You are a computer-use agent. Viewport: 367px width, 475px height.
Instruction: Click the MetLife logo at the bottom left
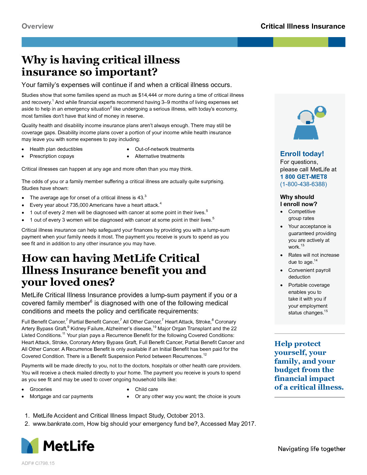(58, 446)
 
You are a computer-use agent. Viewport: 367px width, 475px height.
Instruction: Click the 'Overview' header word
(37, 26)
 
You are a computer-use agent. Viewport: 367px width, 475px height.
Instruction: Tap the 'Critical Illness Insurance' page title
(303, 26)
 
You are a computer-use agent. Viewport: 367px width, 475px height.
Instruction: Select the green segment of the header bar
(300, 42)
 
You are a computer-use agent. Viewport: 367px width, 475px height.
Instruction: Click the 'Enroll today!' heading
(302, 154)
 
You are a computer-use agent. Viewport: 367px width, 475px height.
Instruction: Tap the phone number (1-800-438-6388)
(303, 184)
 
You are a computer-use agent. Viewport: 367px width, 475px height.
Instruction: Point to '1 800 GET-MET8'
(303, 177)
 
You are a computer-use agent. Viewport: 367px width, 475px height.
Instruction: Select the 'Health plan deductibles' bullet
(56, 149)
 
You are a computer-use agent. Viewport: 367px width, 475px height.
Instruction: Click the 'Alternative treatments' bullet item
(160, 156)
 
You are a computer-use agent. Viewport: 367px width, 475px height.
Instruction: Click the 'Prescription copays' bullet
(52, 156)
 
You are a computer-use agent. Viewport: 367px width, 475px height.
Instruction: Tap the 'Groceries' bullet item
(41, 389)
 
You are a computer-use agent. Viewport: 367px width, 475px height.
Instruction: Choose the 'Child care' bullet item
(146, 389)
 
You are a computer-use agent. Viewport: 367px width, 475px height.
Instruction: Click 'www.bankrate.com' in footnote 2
(58, 424)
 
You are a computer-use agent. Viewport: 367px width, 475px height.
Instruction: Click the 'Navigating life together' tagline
(311, 449)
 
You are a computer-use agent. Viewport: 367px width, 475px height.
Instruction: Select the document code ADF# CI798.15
(38, 463)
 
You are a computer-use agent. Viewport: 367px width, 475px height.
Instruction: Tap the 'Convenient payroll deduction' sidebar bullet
(309, 274)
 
